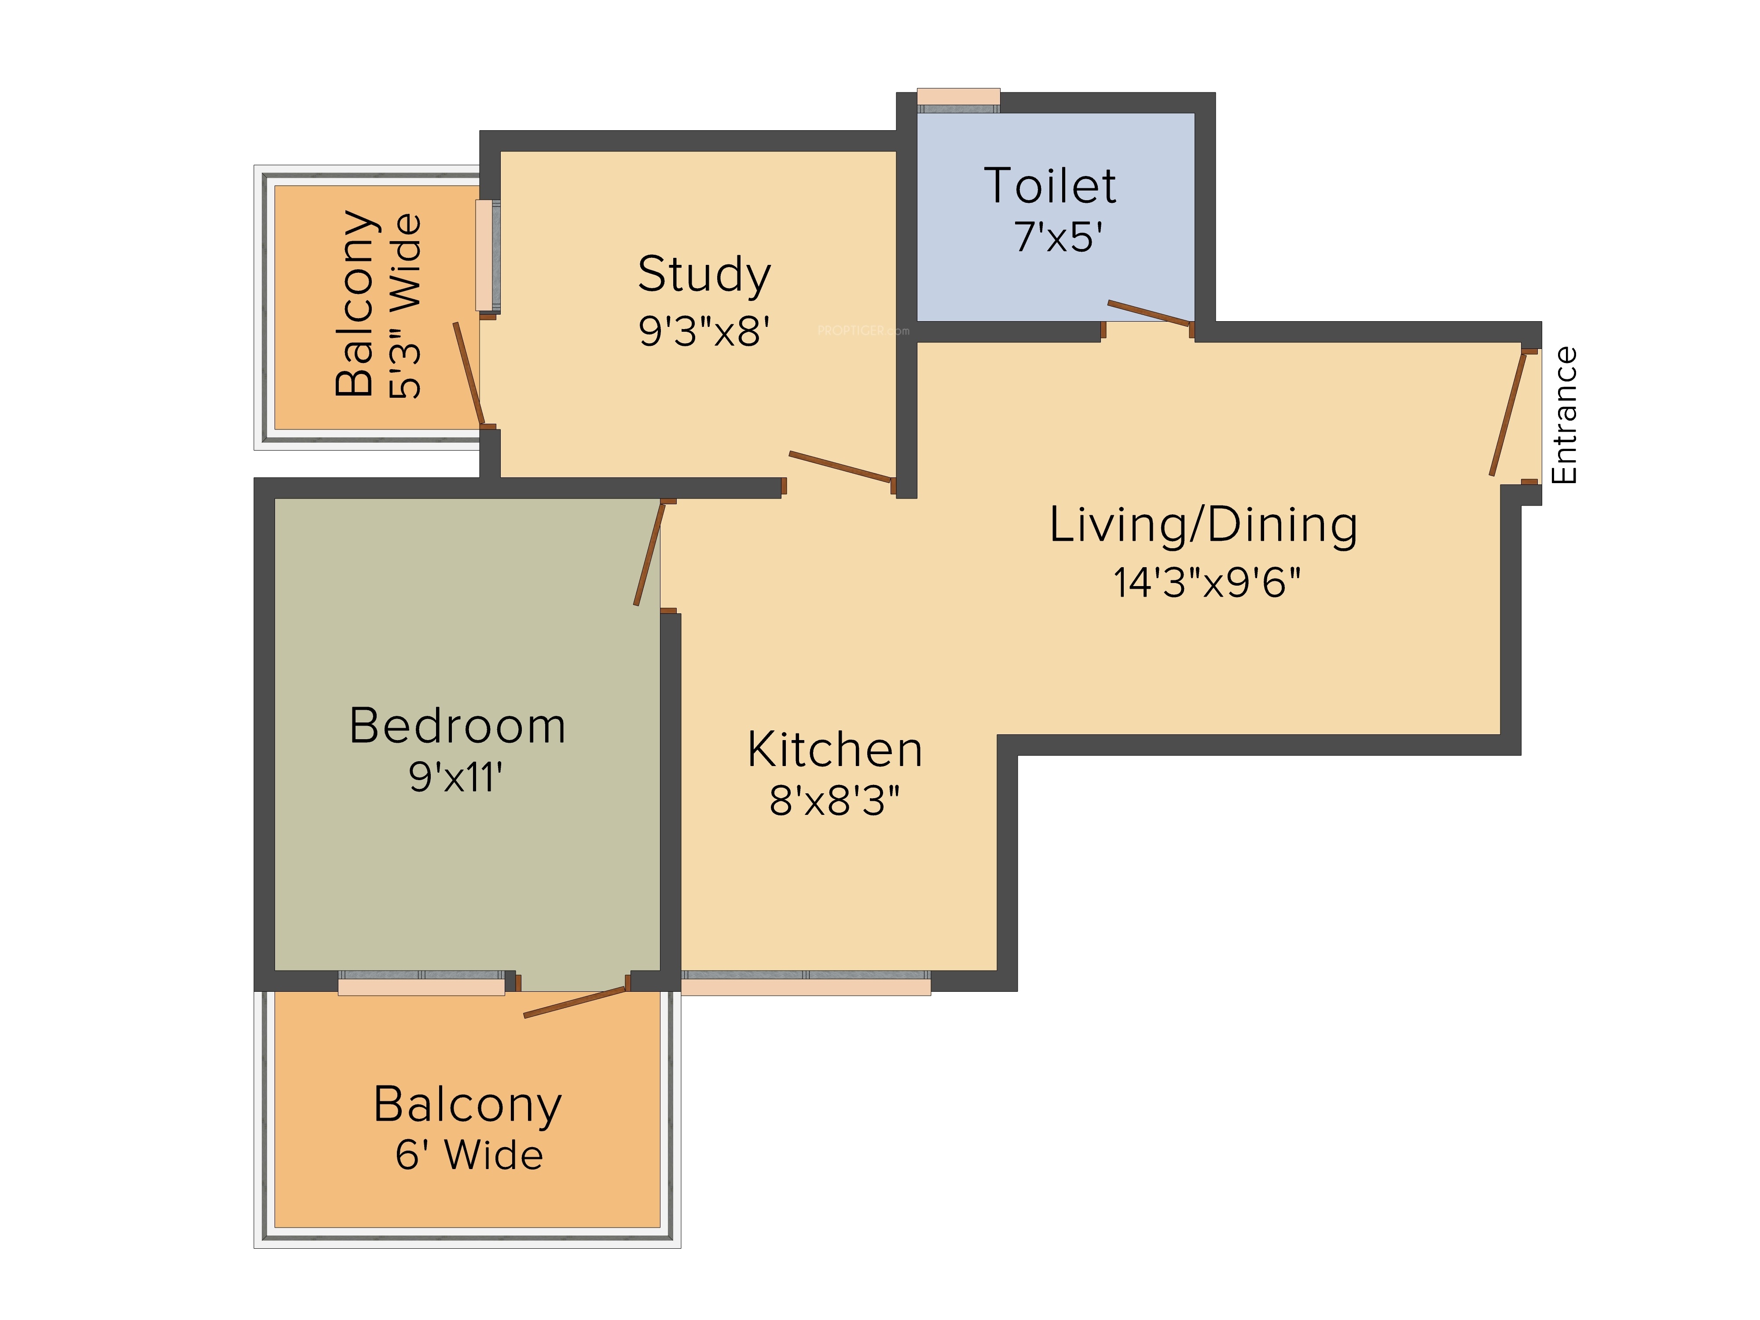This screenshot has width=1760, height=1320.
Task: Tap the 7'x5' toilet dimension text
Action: click(x=1058, y=237)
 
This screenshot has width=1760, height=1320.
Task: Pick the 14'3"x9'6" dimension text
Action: click(x=1206, y=583)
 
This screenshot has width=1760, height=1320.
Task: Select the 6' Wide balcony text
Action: click(x=469, y=1155)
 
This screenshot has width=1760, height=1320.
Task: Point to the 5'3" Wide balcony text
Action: click(x=405, y=306)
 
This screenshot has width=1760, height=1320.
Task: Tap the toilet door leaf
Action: click(x=1149, y=313)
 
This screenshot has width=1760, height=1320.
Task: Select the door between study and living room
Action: click(x=841, y=467)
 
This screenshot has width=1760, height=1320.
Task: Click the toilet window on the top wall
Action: click(x=959, y=100)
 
